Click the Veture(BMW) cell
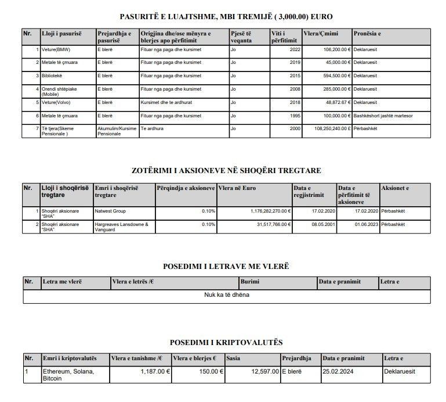(52, 50)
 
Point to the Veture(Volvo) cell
(53, 102)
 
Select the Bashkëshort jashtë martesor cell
(386, 116)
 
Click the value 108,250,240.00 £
(327, 128)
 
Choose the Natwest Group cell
(110, 211)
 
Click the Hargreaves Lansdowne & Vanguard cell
(121, 227)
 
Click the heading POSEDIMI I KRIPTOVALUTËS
(226, 343)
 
